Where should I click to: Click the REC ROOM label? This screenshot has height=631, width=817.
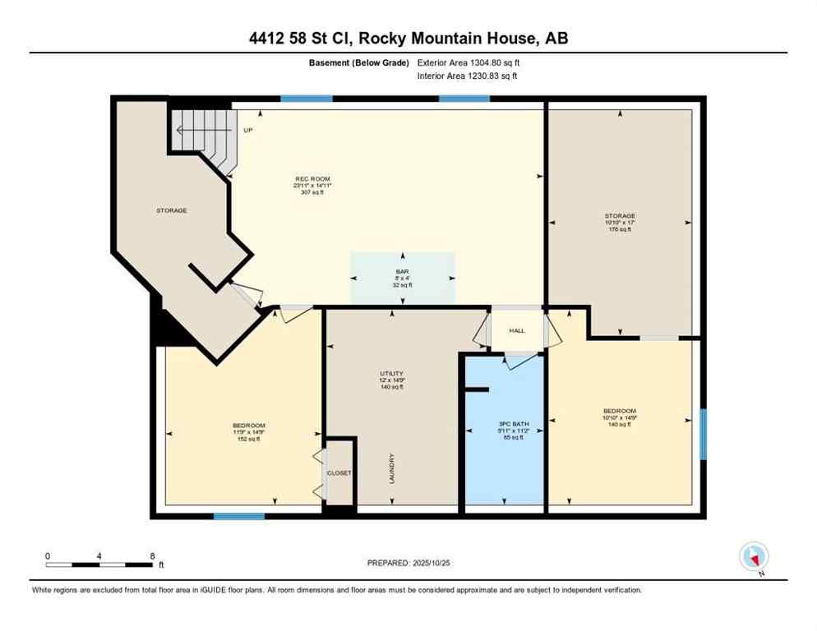313,178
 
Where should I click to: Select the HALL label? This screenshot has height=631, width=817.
516,330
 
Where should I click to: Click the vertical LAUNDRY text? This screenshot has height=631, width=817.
393,467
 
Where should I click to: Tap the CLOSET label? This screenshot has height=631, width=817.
339,474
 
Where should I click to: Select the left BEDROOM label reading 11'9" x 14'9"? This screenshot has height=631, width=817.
247,425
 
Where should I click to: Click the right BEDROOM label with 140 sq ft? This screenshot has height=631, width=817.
618,411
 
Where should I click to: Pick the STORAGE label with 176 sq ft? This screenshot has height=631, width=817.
620,216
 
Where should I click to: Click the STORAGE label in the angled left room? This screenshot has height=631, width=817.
172,210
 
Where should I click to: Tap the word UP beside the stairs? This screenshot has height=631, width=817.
247,130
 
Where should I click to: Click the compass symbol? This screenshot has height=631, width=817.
753,558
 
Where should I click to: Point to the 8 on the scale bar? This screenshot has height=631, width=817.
151,556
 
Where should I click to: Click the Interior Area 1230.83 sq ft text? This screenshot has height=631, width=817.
467,76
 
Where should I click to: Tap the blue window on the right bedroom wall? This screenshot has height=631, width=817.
703,434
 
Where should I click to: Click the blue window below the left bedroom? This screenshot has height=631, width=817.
239,516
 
